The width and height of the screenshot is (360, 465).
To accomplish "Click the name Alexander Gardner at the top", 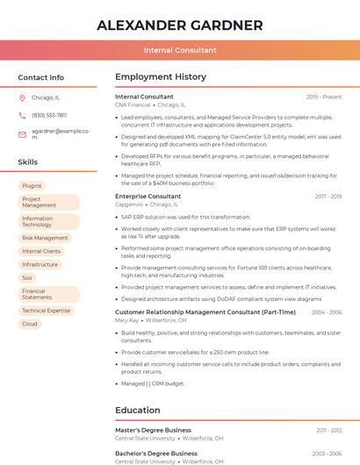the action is click(x=179, y=25).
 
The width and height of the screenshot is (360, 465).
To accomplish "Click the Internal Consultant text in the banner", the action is click(x=179, y=50).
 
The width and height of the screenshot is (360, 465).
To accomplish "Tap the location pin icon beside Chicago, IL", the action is click(x=22, y=98).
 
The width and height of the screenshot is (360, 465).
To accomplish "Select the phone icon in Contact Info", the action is click(x=22, y=115).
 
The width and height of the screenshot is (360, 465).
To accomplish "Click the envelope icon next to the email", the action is click(x=22, y=134).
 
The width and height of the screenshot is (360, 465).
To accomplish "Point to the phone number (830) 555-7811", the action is click(x=49, y=115).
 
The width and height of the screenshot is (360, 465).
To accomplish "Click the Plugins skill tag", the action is click(x=32, y=186).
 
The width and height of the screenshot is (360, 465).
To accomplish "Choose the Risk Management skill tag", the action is click(x=45, y=238).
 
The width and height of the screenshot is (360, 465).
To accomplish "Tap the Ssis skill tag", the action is click(x=27, y=277).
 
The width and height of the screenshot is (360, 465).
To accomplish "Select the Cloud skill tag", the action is click(x=30, y=324).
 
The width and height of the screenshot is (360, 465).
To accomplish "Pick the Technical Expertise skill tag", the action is click(x=46, y=311).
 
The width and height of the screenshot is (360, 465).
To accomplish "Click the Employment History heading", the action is click(x=161, y=77).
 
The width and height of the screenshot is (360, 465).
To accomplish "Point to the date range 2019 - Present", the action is click(x=324, y=97).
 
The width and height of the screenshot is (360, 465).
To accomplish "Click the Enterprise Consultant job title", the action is click(x=148, y=197).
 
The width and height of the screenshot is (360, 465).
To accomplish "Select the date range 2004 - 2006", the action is click(x=327, y=312).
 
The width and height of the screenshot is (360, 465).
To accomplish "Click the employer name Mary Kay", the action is click(x=126, y=320).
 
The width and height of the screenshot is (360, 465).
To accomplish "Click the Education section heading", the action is click(x=138, y=410).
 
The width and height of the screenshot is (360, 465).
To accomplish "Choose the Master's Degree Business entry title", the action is click(x=153, y=430).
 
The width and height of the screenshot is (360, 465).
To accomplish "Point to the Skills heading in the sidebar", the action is click(x=28, y=162).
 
